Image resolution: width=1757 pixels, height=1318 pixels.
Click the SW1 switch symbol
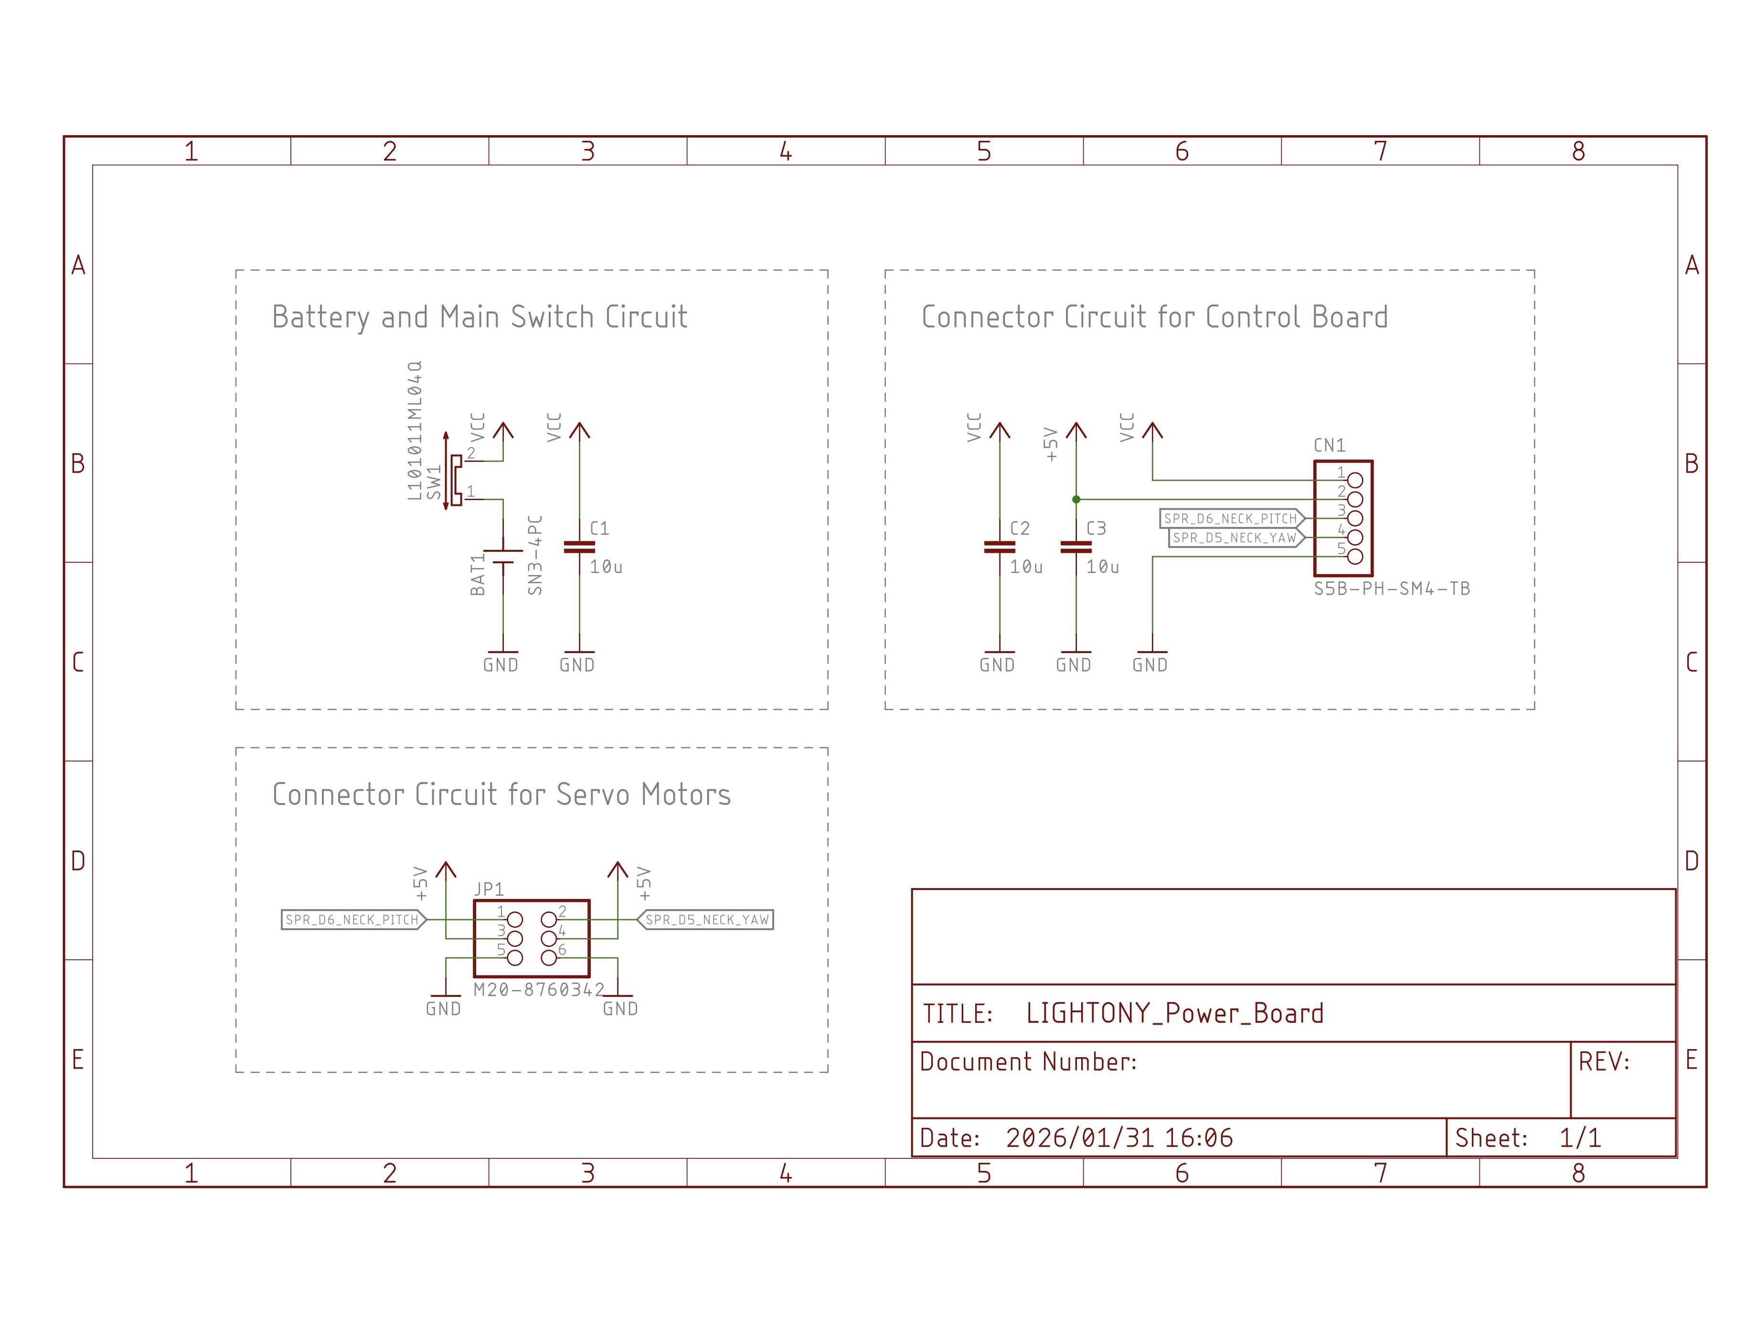pos(454,481)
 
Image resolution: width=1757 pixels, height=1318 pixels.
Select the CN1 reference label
pos(1329,446)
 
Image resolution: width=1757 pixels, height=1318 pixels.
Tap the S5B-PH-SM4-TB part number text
pos(1392,589)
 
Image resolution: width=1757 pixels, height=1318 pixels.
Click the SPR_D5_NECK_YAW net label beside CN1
pos(1235,538)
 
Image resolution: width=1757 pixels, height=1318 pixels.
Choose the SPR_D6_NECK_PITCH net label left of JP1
pos(352,920)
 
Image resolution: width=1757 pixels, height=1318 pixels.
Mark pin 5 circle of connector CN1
pos(1355,557)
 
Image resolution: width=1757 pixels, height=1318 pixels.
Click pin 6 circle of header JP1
pos(549,958)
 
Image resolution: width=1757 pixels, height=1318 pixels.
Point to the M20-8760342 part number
pos(539,990)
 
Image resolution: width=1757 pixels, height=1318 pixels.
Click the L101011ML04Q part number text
pos(415,430)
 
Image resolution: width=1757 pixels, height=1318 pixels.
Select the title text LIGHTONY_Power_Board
pos(1175,1014)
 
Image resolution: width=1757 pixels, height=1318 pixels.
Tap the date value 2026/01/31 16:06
pos(1119,1137)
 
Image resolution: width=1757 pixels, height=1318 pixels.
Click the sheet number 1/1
pos(1580,1137)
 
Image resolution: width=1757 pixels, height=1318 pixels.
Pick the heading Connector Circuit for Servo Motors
pos(501,794)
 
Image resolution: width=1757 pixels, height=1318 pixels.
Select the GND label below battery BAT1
pos(500,665)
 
